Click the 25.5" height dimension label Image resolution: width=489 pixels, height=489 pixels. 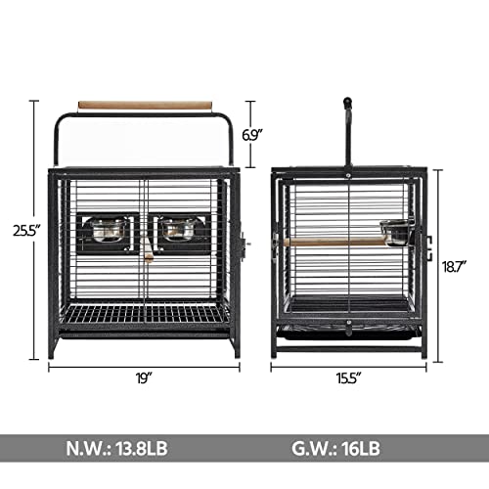(x=26, y=231)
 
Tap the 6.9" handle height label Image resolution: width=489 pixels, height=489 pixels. (x=252, y=135)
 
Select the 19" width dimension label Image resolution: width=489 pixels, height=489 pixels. (x=145, y=378)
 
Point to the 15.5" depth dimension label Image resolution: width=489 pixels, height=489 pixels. (x=349, y=378)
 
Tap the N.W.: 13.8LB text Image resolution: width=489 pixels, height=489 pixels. (x=116, y=448)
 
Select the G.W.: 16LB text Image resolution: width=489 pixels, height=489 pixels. (x=335, y=448)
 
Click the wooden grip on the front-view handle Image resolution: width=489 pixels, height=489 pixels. (x=145, y=106)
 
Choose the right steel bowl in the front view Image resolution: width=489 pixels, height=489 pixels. (x=178, y=230)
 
